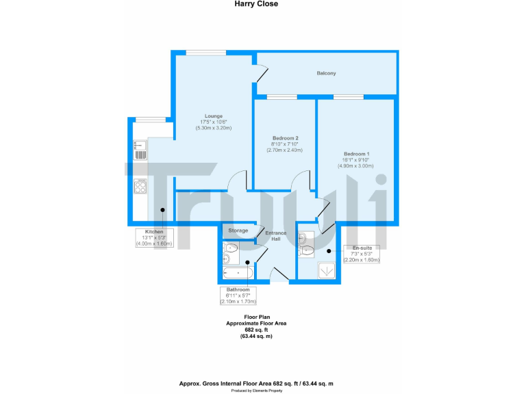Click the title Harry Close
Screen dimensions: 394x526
click(258, 4)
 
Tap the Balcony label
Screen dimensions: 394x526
click(326, 73)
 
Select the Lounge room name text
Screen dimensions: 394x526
click(214, 116)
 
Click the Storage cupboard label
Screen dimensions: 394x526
click(238, 231)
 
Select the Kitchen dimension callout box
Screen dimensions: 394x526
click(153, 237)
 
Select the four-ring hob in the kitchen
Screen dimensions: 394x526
click(141, 185)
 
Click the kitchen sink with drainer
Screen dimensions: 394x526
click(140, 150)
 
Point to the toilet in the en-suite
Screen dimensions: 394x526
click(306, 251)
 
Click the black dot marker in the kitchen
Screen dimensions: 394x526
click(162, 210)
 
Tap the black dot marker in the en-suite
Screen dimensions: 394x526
click(329, 251)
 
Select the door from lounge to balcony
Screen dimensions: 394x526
click(259, 68)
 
